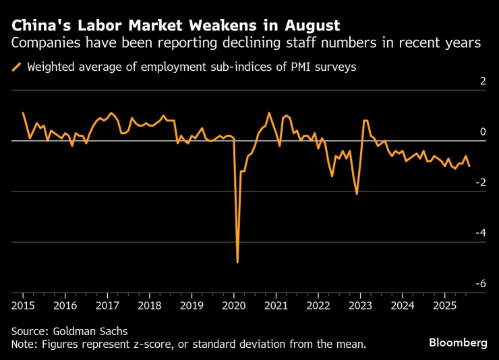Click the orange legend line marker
click(17, 67)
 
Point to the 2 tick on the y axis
click(482, 82)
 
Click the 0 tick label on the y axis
click(482, 132)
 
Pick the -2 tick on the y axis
click(479, 183)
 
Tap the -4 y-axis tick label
click(479, 233)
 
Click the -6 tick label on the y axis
click(479, 284)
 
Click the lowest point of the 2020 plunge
click(237, 262)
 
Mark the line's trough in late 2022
click(357, 194)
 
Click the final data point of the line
click(469, 166)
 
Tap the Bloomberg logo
click(458, 343)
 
